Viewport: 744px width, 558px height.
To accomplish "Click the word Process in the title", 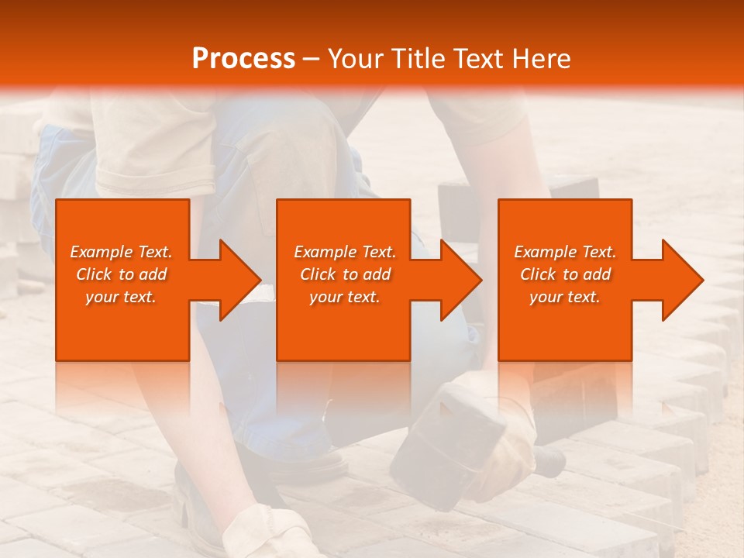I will [243, 59].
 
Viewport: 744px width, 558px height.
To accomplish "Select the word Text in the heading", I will [477, 59].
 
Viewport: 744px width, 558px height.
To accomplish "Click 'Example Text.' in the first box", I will [121, 252].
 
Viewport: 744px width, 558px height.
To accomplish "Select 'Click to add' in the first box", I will [121, 274].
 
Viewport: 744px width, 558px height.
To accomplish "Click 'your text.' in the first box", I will [121, 297].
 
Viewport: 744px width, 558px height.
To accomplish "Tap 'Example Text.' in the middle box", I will [344, 252].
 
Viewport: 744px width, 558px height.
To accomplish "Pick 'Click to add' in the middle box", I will [344, 274].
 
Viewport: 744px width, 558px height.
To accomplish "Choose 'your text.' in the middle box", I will [344, 297].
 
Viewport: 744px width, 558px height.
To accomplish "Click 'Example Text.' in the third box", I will [565, 252].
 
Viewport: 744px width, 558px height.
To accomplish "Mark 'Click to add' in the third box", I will [565, 274].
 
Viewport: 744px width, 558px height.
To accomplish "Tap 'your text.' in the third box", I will [565, 297].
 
